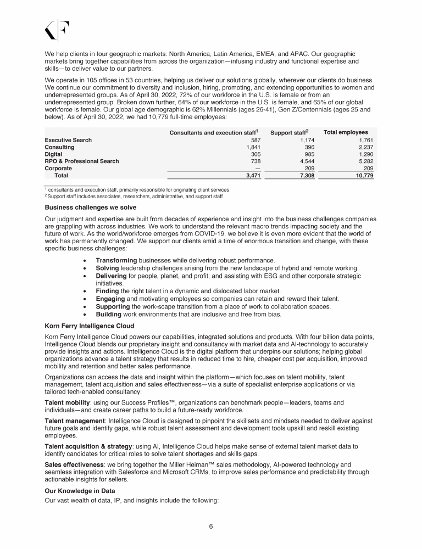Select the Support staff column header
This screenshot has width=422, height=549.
[290, 132]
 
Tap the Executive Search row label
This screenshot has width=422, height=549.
[68, 140]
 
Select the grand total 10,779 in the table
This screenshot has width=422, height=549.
[362, 176]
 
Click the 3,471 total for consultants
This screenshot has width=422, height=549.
[250, 176]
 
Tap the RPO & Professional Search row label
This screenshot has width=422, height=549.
[81, 161]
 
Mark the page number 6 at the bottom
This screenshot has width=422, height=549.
[211, 526]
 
